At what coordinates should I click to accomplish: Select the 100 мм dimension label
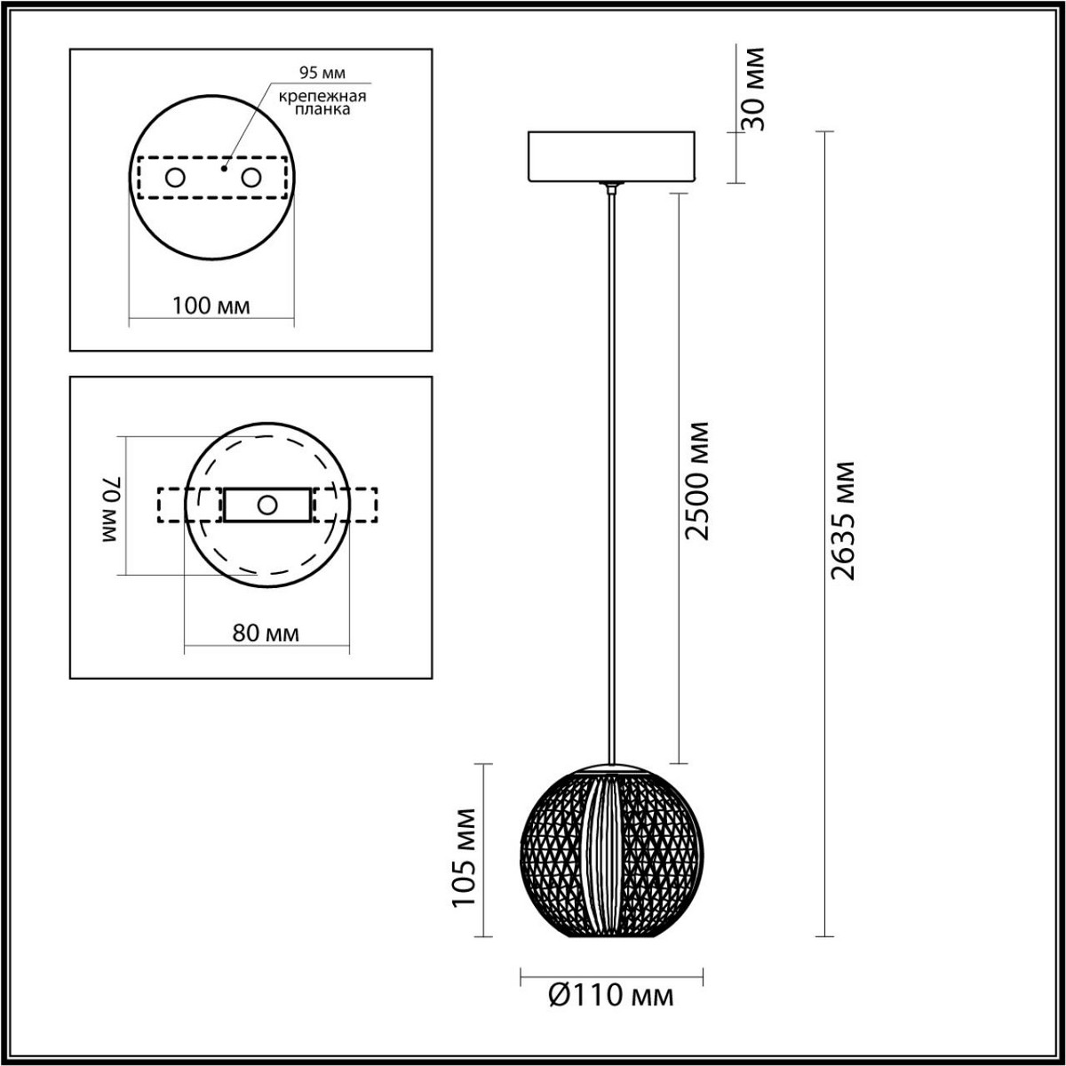[x=211, y=306]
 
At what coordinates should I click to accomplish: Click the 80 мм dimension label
[x=266, y=633]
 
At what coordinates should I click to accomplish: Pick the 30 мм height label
[x=752, y=89]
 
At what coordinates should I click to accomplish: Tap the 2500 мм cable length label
[x=698, y=480]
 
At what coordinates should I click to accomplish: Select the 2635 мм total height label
[x=842, y=521]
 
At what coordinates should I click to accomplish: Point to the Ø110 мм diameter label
[x=611, y=996]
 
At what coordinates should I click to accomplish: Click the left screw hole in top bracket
[x=175, y=178]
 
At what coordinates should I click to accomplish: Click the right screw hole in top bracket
[x=252, y=178]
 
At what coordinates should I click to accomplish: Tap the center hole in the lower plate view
[x=266, y=505]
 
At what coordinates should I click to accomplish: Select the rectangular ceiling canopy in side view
[x=610, y=156]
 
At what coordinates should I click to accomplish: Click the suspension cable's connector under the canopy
[x=610, y=187]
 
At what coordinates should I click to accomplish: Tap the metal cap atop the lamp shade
[x=610, y=765]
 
